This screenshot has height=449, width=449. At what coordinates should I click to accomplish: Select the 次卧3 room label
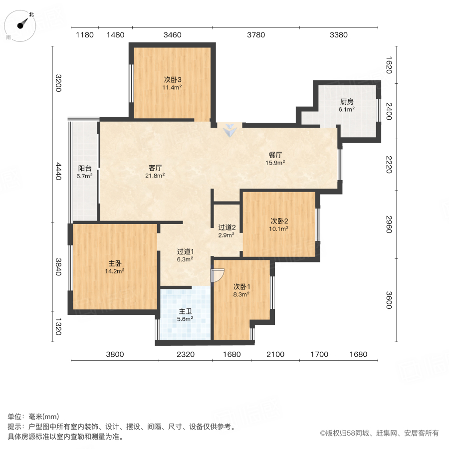[173, 79]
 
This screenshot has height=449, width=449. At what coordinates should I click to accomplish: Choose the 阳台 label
[85, 169]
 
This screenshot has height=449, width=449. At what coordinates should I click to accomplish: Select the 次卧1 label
[241, 287]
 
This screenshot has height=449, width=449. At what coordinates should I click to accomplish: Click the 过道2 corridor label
[226, 227]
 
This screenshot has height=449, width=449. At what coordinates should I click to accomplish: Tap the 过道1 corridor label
[185, 251]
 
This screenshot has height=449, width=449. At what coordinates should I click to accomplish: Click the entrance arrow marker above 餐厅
[229, 131]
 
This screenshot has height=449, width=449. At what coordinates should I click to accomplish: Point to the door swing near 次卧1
[218, 275]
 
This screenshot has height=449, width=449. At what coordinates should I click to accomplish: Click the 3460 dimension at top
[173, 35]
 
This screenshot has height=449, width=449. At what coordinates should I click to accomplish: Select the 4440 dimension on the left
[59, 171]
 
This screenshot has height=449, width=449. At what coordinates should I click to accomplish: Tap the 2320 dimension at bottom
[185, 355]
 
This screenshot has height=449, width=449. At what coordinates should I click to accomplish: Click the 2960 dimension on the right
[390, 224]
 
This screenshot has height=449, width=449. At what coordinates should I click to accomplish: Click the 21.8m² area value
[155, 176]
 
